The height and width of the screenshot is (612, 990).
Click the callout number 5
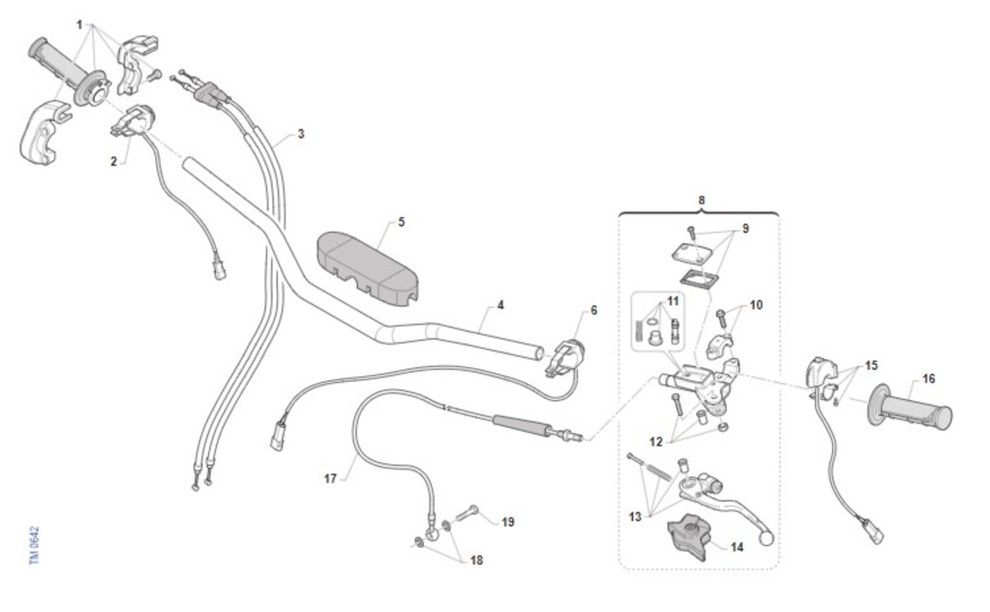[x=401, y=222]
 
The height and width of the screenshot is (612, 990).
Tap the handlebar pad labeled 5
[x=368, y=268]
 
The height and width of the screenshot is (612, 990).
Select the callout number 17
[x=330, y=478]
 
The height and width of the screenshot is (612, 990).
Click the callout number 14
[x=737, y=547]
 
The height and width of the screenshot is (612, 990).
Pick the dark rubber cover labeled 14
[x=691, y=537]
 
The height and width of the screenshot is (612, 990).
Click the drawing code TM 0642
[x=35, y=545]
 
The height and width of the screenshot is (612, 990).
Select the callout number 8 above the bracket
[x=701, y=200]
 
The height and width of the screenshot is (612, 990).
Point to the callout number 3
[x=301, y=134]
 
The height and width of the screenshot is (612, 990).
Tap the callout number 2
[x=114, y=162]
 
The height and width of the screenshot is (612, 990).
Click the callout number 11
[x=672, y=301]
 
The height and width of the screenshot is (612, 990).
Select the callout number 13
[x=634, y=516]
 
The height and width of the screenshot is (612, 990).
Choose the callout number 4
[x=500, y=305]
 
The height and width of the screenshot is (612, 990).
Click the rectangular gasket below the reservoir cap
[x=700, y=280]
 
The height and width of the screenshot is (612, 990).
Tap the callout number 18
[x=476, y=560]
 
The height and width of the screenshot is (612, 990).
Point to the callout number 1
[x=79, y=25]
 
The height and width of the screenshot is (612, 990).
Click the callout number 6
[x=593, y=310]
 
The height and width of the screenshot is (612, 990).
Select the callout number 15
[x=871, y=365]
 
